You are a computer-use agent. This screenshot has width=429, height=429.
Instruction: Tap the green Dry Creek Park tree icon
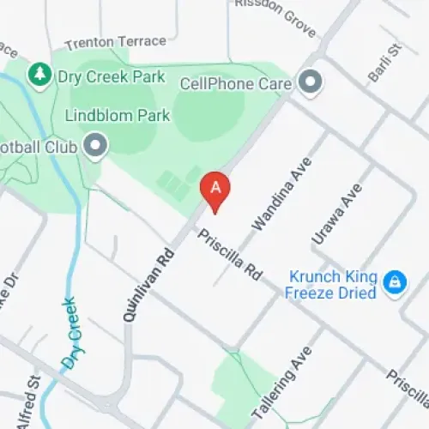click(x=39, y=76)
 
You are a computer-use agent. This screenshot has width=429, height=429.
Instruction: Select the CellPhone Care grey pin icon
click(x=311, y=83)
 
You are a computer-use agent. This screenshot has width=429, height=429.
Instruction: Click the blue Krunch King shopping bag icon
click(x=395, y=281)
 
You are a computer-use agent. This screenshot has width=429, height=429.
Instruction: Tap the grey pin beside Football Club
click(x=94, y=147)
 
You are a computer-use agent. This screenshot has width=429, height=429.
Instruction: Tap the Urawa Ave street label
click(x=333, y=218)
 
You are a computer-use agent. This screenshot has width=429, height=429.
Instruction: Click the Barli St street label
click(x=384, y=65)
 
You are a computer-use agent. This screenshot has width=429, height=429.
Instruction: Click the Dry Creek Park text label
click(x=111, y=76)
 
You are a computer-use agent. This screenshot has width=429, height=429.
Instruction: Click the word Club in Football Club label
click(x=60, y=147)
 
